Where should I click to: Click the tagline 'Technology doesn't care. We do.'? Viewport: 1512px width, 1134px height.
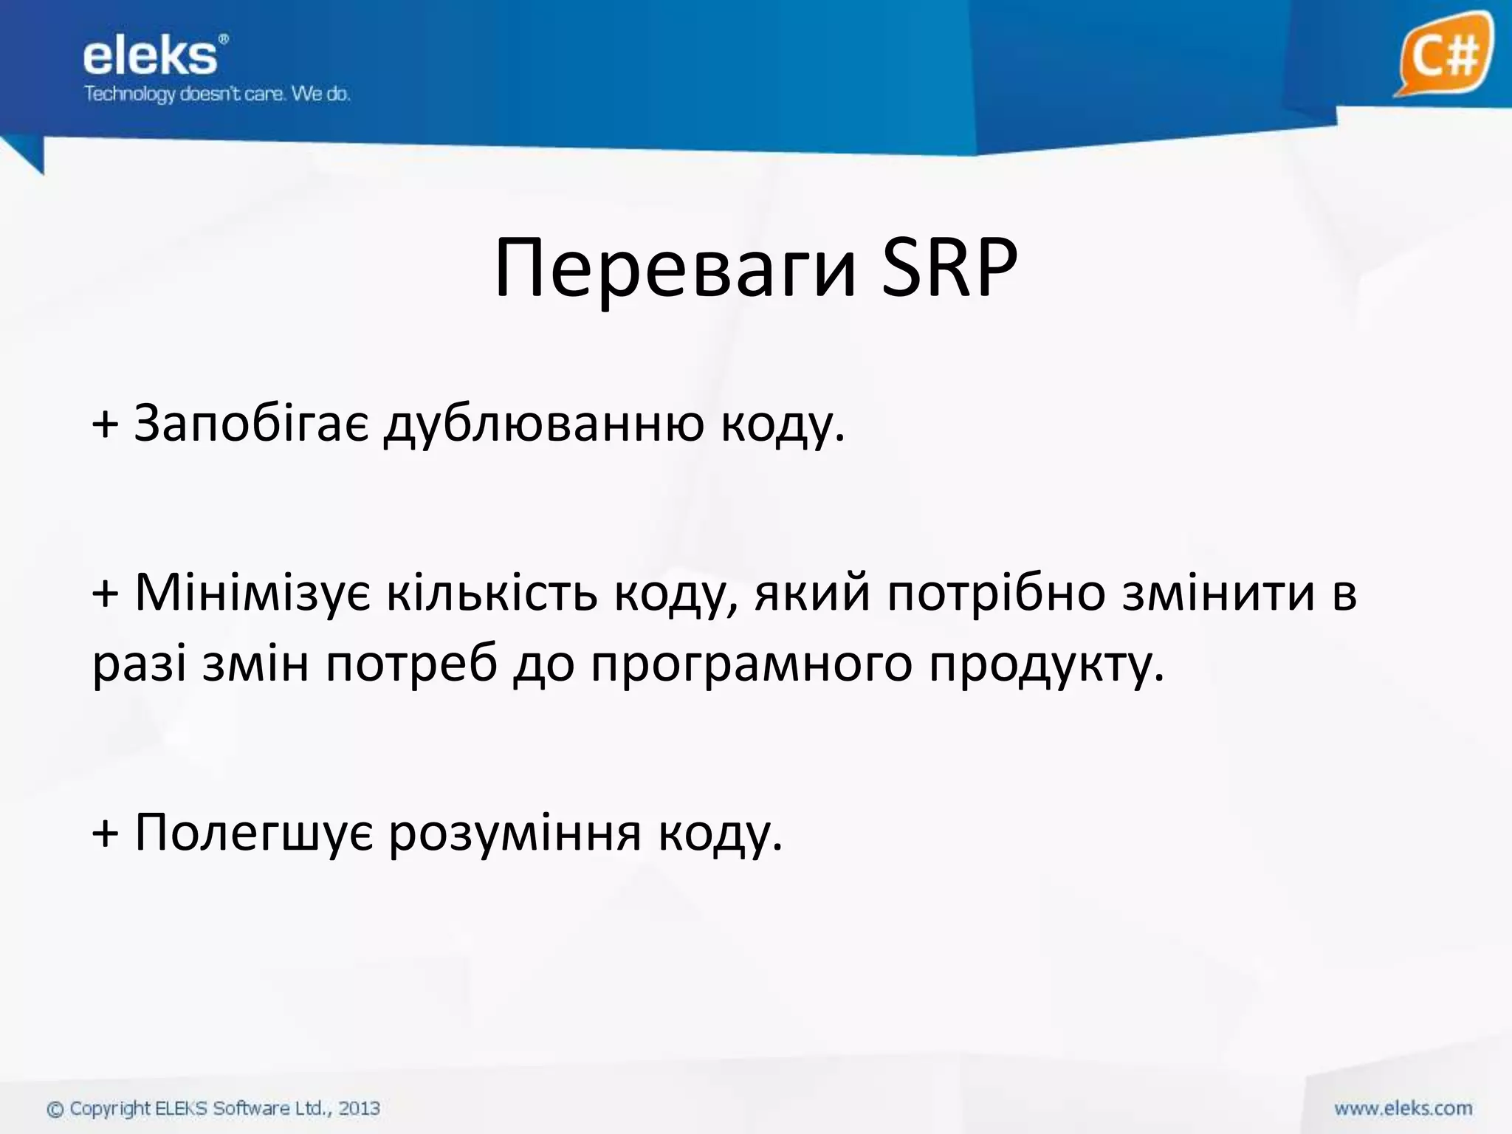pos(217,94)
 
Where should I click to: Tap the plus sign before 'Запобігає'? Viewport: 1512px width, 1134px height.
pos(105,425)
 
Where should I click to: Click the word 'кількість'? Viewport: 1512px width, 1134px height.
pos(492,592)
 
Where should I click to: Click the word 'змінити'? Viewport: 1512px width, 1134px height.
pos(1218,592)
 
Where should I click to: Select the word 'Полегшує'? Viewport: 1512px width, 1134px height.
pos(254,833)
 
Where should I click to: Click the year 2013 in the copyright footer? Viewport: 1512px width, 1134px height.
pos(360,1108)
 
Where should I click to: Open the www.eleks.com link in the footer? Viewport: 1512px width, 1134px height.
pos(1403,1108)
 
